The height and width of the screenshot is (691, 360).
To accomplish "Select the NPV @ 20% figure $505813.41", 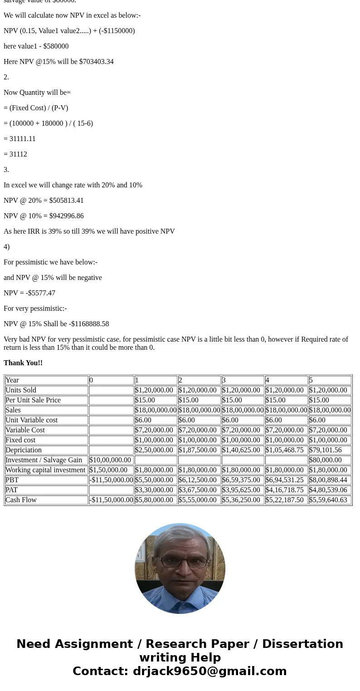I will pyautogui.click(x=66, y=201).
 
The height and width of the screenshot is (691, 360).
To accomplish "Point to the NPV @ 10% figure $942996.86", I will pyautogui.click(x=66, y=216).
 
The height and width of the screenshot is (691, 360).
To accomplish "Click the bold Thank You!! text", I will pyautogui.click(x=23, y=363).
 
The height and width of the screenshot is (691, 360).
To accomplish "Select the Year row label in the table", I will pyautogui.click(x=12, y=380).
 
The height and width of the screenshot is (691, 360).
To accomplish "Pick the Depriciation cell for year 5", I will pyautogui.click(x=325, y=450).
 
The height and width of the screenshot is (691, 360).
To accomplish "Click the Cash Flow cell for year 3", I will pyautogui.click(x=241, y=500).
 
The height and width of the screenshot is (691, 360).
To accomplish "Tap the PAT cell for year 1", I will pyautogui.click(x=154, y=490).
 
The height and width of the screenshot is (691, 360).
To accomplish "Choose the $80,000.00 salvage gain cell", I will pyautogui.click(x=325, y=460).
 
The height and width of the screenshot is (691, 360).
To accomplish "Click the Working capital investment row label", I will pyautogui.click(x=45, y=470).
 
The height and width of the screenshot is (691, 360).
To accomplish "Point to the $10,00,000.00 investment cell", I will pyautogui.click(x=110, y=460).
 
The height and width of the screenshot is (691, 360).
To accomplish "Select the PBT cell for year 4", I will pyautogui.click(x=284, y=480).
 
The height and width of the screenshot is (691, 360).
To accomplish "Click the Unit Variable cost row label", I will pyautogui.click(x=32, y=420).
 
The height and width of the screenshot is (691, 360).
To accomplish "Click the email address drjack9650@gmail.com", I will pyautogui.click(x=209, y=671).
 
